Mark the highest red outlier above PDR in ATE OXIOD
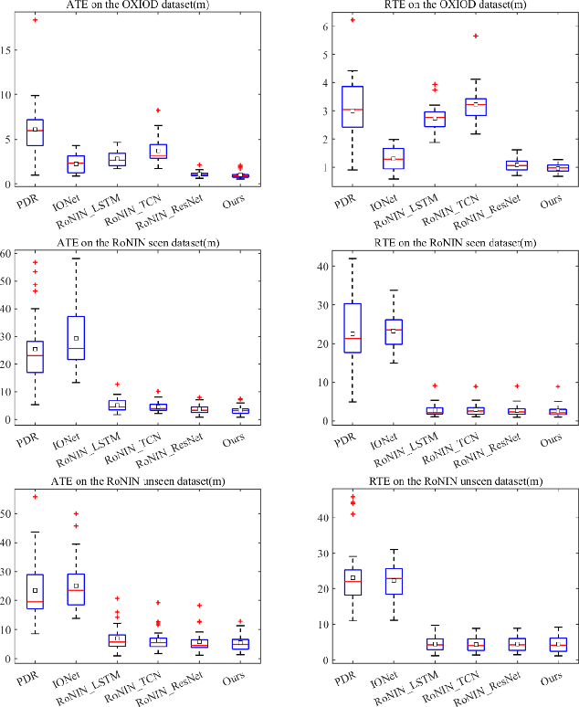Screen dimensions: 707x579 (x=35, y=20)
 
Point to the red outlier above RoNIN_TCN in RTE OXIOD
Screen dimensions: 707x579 (x=476, y=37)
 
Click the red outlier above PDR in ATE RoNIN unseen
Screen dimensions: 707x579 (x=35, y=497)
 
